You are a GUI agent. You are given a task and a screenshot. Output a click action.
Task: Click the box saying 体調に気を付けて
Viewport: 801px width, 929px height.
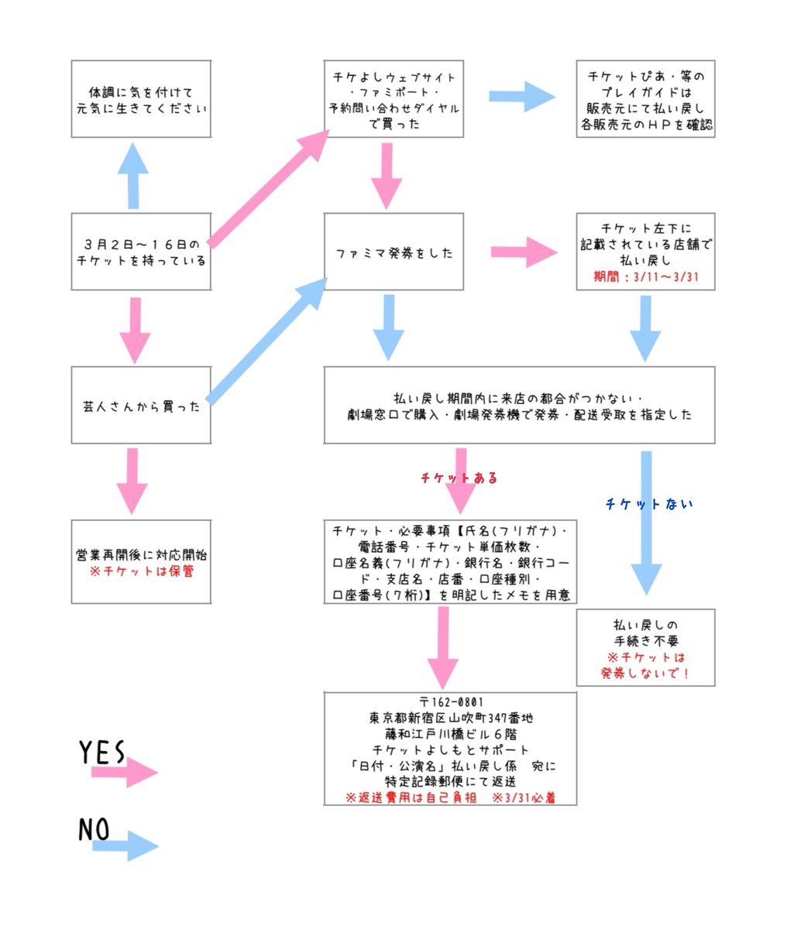(141, 99)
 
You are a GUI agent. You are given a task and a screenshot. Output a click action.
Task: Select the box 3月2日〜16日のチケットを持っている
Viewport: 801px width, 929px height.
(141, 252)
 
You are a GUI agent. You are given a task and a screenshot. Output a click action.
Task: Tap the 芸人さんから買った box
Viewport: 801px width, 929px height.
(141, 406)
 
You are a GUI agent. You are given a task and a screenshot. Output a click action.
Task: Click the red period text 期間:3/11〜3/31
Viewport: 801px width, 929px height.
(645, 276)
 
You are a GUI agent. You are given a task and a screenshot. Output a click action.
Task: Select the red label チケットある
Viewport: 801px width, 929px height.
(459, 478)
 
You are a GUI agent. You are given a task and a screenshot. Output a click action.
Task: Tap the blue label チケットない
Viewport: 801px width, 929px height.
(648, 504)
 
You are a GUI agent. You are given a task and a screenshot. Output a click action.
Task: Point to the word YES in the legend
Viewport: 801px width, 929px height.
(101, 752)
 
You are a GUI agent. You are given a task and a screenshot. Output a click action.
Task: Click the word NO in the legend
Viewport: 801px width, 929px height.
(94, 829)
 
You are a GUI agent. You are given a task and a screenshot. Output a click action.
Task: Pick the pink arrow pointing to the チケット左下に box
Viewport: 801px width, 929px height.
(524, 252)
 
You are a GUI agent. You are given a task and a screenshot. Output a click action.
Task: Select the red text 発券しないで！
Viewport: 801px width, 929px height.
(645, 673)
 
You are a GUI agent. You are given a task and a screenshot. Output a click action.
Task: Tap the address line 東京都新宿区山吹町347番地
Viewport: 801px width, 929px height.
(450, 718)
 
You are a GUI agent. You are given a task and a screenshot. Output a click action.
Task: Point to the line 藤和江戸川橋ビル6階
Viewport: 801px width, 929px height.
(450, 734)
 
